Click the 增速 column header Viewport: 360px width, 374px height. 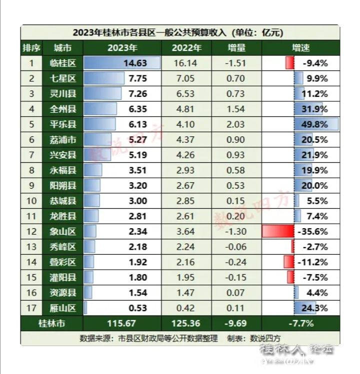[300, 48]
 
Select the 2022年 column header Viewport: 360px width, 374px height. [186, 48]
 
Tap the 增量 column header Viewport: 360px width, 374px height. [236, 48]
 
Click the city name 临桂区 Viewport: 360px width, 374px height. [63, 63]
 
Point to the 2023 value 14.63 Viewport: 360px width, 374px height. [136, 63]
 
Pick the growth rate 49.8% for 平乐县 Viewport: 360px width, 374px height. [314, 124]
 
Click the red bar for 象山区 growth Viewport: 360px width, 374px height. [277, 231]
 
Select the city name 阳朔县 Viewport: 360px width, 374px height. [63, 186]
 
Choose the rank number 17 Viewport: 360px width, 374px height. [31, 308]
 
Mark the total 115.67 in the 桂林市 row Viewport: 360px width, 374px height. [122, 323]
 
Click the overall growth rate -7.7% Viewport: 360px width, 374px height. [300, 323]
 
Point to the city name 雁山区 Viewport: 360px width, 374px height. [63, 308]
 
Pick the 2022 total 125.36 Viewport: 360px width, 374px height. [186, 323]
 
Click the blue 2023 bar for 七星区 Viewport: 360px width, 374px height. [104, 78]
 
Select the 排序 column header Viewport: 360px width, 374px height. [31, 48]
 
